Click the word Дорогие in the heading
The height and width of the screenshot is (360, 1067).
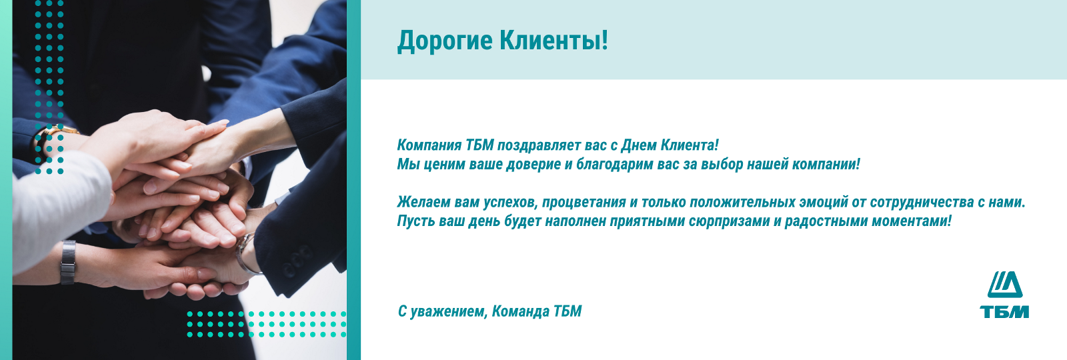[445, 41]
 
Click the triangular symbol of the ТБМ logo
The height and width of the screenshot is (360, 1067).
[1005, 285]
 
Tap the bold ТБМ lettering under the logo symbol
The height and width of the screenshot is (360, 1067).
[1004, 312]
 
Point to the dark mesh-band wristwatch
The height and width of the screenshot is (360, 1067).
[68, 263]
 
